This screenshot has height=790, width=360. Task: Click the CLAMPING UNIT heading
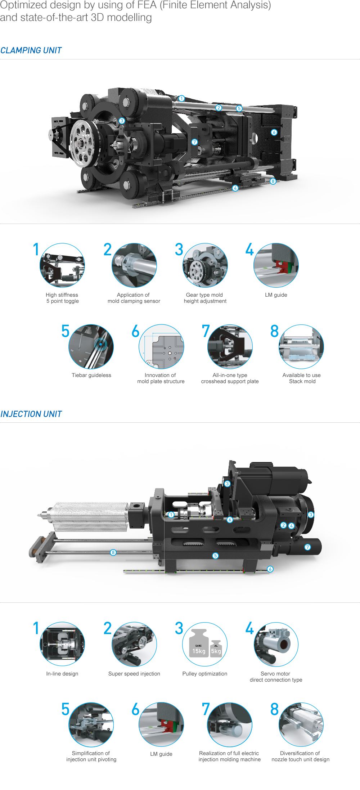[31, 50]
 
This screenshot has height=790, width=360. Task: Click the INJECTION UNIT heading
[31, 414]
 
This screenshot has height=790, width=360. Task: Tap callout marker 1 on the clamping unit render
[182, 98]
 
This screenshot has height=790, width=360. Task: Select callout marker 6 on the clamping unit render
[274, 132]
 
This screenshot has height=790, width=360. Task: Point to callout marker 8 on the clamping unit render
[273, 181]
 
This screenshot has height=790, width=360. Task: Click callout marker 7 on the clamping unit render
[194, 142]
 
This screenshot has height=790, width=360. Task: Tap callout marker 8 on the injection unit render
[113, 552]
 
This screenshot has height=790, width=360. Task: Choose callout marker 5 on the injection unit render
[215, 556]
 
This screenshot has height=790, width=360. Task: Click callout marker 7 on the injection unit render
[307, 547]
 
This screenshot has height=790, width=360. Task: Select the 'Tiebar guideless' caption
[91, 375]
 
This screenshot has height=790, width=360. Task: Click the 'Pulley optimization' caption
[205, 674]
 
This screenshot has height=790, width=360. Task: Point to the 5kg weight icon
[216, 649]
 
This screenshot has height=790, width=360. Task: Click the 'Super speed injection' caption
[134, 674]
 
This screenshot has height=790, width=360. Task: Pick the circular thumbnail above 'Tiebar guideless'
[91, 346]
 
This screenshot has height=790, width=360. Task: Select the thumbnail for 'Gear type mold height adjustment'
[205, 265]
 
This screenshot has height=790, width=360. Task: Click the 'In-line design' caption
[62, 674]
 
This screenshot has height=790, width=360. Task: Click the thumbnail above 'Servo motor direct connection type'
[276, 644]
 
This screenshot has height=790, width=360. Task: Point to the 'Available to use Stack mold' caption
[302, 378]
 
